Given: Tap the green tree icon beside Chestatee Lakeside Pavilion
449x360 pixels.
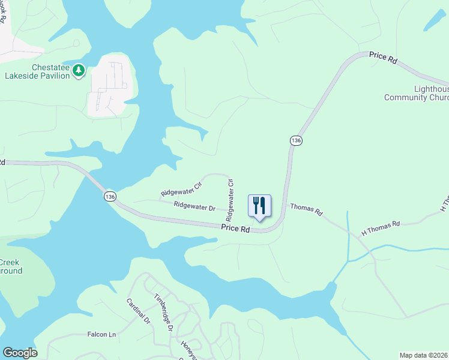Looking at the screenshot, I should [x=78, y=71].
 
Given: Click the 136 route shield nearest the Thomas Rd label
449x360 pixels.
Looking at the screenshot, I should [x=295, y=140].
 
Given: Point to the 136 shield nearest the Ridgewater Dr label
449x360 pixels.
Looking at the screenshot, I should [x=109, y=196].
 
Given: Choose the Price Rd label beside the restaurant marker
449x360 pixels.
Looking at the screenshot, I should [x=235, y=228].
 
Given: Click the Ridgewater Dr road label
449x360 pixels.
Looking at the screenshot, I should [x=194, y=207].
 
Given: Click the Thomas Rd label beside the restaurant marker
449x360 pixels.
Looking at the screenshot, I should [x=306, y=210].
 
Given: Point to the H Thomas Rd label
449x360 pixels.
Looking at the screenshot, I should [x=380, y=228].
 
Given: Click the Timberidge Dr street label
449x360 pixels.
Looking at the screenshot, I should [x=163, y=312].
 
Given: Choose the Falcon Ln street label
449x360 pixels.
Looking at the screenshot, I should [x=101, y=335].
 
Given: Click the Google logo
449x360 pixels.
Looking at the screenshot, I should [x=20, y=353].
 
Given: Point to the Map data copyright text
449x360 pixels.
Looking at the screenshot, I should [x=423, y=355].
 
